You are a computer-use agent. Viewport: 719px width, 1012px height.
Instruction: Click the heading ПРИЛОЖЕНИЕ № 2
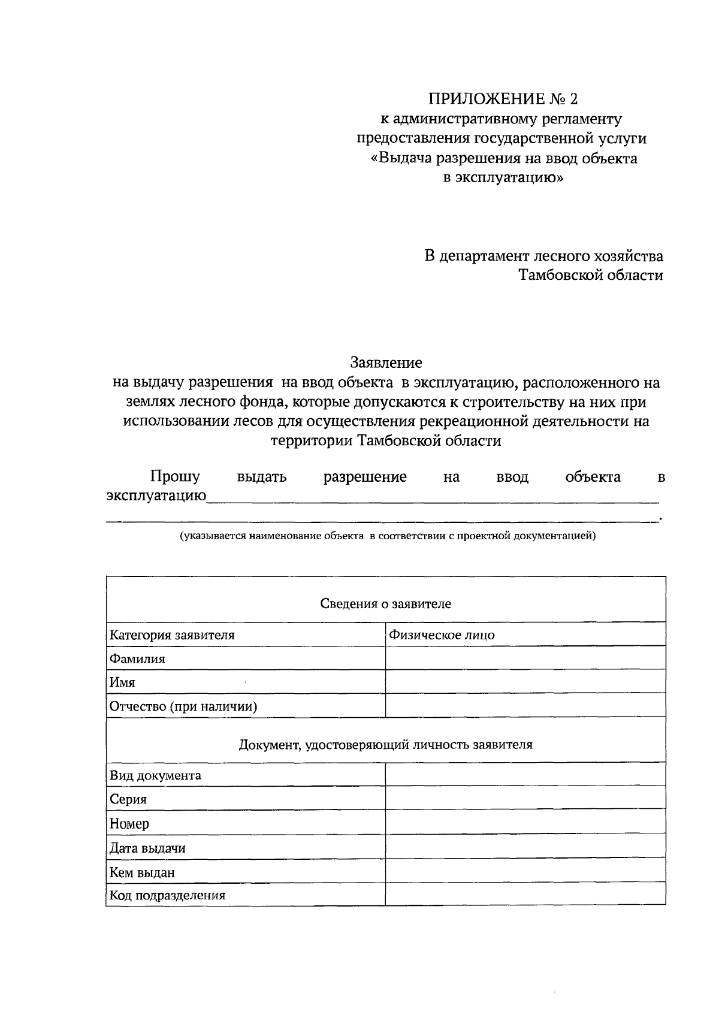click(503, 99)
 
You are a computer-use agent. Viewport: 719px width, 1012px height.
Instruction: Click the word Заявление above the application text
click(386, 362)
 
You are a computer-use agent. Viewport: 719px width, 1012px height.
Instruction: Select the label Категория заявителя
click(172, 635)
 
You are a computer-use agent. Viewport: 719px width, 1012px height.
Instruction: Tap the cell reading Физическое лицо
click(442, 635)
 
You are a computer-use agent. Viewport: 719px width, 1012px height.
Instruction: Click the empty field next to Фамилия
click(525, 658)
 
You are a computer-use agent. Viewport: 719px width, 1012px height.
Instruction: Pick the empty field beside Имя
click(525, 682)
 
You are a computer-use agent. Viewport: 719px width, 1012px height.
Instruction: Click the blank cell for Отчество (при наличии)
click(525, 706)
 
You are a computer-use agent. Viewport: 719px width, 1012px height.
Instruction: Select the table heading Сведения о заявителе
click(385, 603)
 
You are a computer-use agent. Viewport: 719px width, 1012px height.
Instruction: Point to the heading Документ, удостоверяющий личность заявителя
click(385, 745)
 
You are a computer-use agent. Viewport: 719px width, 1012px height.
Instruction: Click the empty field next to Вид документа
click(525, 775)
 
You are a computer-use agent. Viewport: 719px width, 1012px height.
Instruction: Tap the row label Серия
click(128, 799)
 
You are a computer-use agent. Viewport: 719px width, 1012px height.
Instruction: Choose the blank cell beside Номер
click(525, 823)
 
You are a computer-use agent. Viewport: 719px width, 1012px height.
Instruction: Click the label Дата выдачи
click(147, 848)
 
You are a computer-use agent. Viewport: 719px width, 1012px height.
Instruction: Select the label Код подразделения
click(167, 895)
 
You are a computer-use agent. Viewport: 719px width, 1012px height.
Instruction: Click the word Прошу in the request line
click(175, 477)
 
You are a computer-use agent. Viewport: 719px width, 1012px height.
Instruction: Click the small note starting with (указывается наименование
click(388, 536)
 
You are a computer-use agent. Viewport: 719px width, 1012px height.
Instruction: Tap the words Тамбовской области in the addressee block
click(590, 276)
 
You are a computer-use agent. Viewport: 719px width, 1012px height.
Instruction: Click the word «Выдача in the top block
click(400, 158)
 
